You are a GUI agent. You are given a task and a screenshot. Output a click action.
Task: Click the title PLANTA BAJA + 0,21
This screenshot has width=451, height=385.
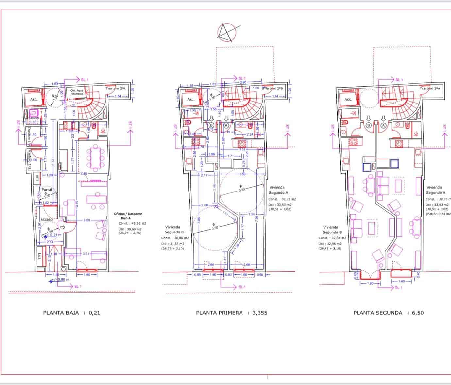coord(72,313)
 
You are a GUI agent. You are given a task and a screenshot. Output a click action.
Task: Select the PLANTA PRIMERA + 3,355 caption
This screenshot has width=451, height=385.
coord(231,313)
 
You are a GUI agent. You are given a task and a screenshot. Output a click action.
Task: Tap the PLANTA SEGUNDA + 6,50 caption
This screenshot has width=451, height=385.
coord(388,313)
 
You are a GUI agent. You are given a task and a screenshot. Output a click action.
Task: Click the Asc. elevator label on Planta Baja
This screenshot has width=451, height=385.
coord(34,99)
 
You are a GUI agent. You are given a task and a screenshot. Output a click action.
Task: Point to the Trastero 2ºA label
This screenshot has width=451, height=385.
coord(115,88)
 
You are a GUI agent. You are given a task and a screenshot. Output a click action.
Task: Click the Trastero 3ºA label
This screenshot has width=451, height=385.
coord(430,88)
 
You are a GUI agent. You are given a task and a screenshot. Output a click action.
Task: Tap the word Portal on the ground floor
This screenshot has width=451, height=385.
coord(47,190)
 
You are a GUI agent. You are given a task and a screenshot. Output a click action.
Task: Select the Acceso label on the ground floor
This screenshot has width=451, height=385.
coord(46,219)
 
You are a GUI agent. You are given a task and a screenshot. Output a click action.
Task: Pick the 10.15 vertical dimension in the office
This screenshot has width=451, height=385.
coord(76,204)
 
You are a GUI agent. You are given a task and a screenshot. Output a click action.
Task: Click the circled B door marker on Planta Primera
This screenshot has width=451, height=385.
coord(211,125)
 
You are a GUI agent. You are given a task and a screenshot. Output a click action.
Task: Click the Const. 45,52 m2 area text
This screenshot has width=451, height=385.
coord(132,223)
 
